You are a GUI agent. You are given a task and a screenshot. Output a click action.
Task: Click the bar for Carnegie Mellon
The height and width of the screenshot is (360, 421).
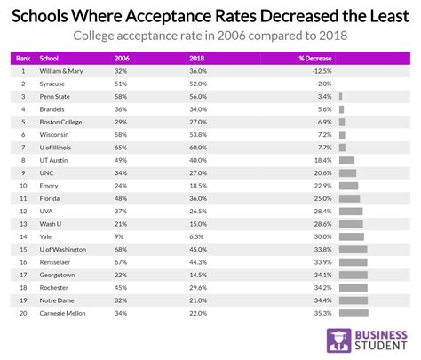pos(353,313)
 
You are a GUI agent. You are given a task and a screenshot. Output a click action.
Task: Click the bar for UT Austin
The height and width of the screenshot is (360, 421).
pos(346,159)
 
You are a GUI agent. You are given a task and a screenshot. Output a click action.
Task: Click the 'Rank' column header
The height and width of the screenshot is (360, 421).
pos(24,58)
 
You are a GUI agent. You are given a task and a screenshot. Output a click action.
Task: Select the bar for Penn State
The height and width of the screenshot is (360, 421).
pos(340,95)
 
